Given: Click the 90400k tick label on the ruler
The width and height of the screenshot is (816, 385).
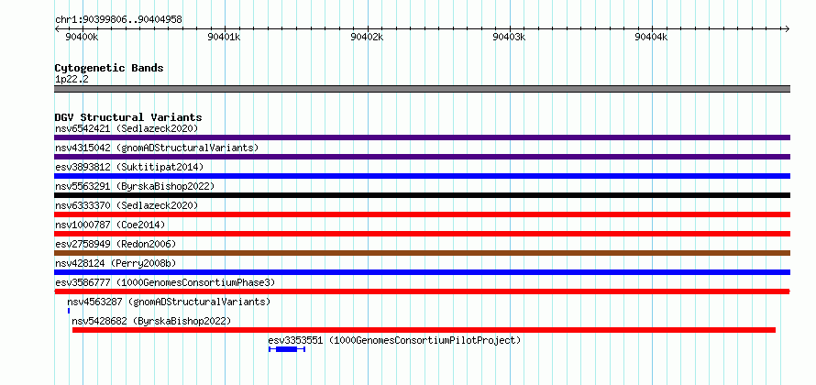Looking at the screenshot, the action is point(82,38).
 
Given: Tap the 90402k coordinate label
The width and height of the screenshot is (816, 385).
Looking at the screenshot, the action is point(367,38).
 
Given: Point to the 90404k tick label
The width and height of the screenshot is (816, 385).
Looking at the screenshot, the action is point(651,38).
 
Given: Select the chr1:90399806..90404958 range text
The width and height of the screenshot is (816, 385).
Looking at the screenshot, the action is point(118,20).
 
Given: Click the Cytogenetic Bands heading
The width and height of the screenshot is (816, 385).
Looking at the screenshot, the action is point(109,68).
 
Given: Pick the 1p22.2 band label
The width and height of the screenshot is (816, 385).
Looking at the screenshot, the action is point(71,79).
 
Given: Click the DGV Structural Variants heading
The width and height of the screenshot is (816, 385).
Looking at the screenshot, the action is point(128,117).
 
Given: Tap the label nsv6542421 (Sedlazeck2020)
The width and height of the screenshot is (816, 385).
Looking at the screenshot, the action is point(127,128).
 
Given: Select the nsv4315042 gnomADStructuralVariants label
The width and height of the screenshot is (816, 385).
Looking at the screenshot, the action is point(157,148).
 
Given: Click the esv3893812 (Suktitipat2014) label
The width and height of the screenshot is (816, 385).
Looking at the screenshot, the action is point(129,167).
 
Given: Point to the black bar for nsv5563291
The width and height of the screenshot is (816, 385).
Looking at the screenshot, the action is point(422,195).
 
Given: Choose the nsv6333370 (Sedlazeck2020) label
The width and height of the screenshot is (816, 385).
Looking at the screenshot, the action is point(127,205).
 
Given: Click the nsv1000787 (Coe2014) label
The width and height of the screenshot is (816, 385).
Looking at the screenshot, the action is point(110,225).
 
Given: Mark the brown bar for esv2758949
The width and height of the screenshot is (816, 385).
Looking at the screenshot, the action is point(422,253).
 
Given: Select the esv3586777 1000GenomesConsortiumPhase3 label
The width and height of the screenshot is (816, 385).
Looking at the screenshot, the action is point(165,282).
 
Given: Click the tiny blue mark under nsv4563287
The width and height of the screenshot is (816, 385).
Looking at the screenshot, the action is point(69,311).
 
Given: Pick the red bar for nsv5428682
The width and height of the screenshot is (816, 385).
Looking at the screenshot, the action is point(424,330).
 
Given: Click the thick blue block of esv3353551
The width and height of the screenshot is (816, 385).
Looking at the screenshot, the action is point(286,349).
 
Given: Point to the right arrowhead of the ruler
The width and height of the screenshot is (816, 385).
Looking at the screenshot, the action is point(788,28).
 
